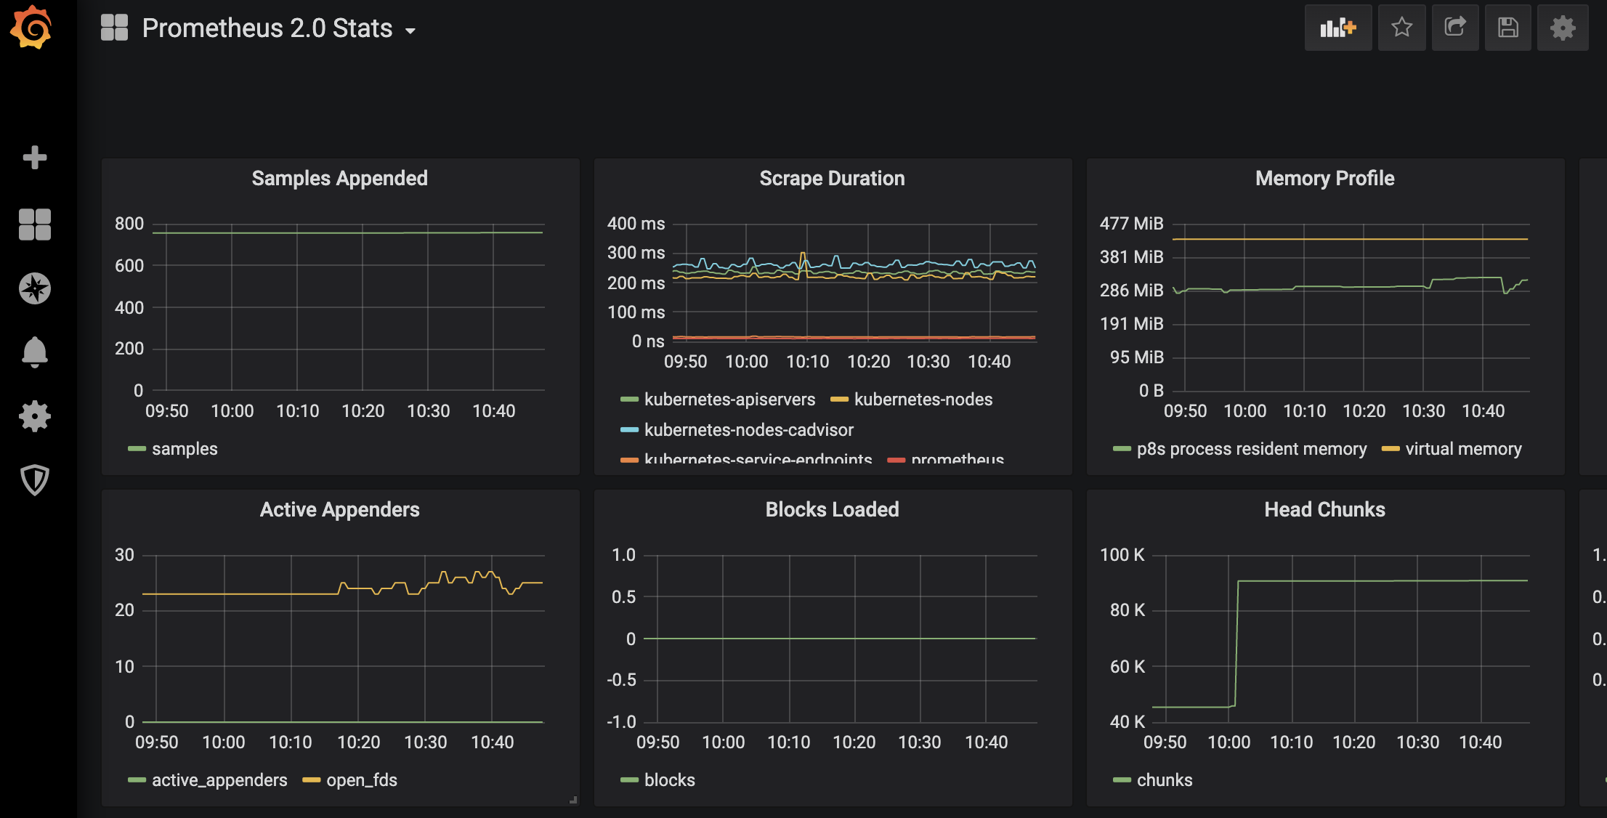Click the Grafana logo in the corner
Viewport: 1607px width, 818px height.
coord(31,28)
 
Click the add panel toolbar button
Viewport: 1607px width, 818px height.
coord(1337,28)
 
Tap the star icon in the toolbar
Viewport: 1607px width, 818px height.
coord(1401,28)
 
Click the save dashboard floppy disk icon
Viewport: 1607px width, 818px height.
coord(1507,28)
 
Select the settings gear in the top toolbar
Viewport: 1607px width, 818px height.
coord(1562,28)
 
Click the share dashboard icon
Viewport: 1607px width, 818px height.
coord(1454,28)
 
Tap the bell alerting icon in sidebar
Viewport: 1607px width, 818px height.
coord(34,352)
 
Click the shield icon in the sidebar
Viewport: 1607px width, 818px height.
coord(34,480)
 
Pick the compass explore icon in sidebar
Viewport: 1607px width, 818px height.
coord(34,288)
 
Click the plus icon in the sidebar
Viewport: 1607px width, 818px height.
coord(34,157)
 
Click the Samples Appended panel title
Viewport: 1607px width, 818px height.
coord(339,179)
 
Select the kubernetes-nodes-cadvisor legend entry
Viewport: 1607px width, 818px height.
coord(748,430)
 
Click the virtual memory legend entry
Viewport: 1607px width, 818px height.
coord(1462,449)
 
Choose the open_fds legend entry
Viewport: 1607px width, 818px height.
coord(361,780)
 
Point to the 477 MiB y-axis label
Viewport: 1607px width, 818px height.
coord(1131,224)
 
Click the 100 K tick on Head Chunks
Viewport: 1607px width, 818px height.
coord(1122,555)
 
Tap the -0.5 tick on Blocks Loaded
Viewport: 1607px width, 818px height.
coord(621,680)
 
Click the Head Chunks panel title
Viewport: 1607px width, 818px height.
coord(1324,510)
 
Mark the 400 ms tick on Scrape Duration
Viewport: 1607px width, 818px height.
coord(636,224)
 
